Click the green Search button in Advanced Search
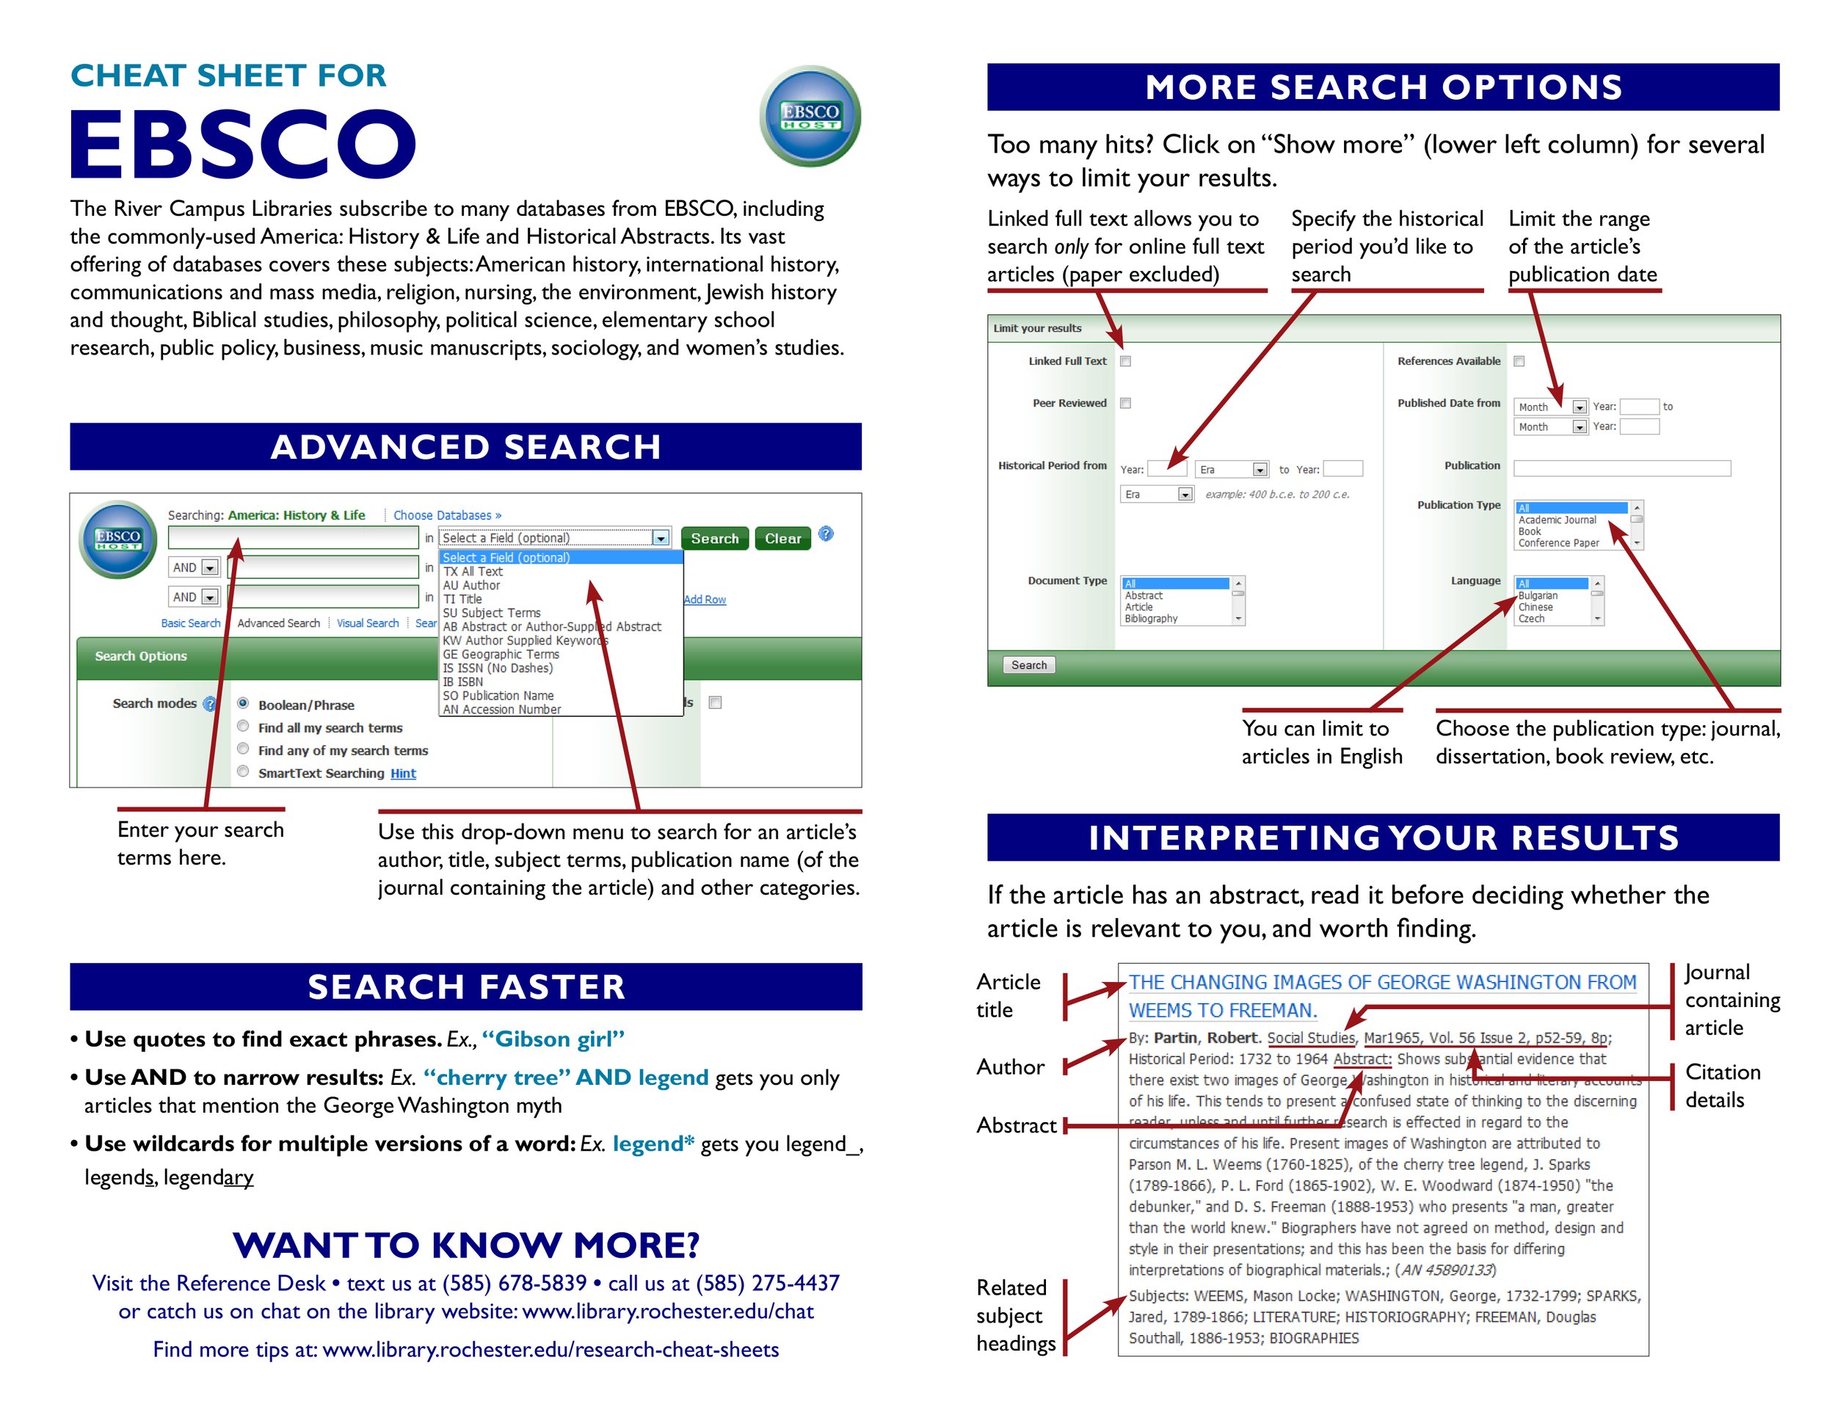[x=714, y=539]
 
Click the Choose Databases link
[x=447, y=515]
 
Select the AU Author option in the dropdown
[x=471, y=586]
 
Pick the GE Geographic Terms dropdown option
[x=501, y=655]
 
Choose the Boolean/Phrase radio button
[x=243, y=703]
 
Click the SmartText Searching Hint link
[x=402, y=774]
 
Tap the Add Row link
[x=705, y=600]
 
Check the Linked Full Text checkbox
[x=1126, y=361]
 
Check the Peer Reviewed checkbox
[x=1126, y=403]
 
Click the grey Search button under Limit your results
[x=1028, y=665]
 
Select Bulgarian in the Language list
[x=1538, y=595]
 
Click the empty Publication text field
[x=1621, y=468]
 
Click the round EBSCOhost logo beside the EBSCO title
[x=810, y=117]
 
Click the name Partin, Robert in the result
[x=1207, y=1038]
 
